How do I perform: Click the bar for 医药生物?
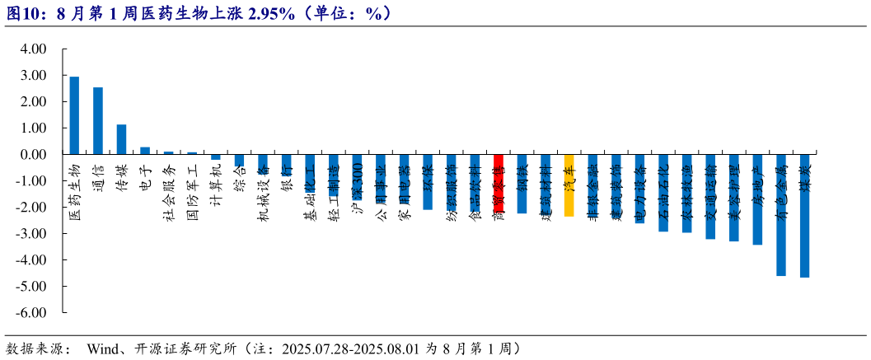(74, 115)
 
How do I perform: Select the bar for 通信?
(98, 121)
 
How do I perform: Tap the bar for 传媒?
(121, 139)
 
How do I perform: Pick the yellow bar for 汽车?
(569, 185)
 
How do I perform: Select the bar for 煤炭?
(804, 216)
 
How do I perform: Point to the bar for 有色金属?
(781, 215)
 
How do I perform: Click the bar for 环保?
(428, 182)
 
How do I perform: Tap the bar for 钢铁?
(522, 184)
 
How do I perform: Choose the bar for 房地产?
(757, 199)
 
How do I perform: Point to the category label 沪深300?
(357, 182)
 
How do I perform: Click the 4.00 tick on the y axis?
(32, 49)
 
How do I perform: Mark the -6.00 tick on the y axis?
(30, 313)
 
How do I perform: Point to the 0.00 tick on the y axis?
(32, 154)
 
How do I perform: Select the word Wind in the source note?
(104, 348)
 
